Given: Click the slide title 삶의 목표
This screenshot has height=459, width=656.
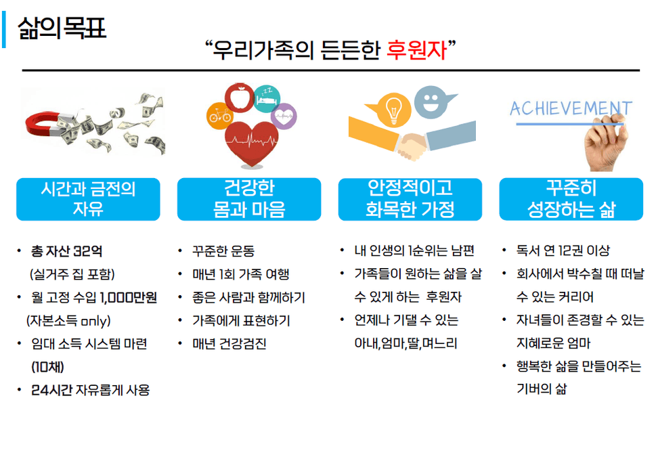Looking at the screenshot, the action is (x=62, y=28).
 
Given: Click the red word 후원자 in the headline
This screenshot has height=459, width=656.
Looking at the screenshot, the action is (x=417, y=50).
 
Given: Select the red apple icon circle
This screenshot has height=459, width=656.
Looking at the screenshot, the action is (x=239, y=98).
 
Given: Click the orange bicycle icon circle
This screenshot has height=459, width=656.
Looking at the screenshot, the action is (x=219, y=116).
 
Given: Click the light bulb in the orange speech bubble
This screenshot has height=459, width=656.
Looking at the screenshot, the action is (x=393, y=110).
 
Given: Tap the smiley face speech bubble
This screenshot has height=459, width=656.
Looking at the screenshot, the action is (x=433, y=102).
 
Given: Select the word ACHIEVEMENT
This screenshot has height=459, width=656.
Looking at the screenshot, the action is (x=571, y=108).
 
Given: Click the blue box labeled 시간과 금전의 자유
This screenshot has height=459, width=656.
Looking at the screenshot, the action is (x=88, y=199).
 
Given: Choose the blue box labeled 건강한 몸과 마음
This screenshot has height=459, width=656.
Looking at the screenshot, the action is (x=249, y=199).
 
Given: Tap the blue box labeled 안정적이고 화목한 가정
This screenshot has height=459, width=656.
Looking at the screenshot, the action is (x=410, y=199).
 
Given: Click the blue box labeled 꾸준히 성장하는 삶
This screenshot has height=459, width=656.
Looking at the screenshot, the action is (x=571, y=199).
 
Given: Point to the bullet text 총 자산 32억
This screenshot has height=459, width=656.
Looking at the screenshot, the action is (x=66, y=251).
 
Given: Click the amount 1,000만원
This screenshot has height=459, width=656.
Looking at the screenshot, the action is (x=129, y=297).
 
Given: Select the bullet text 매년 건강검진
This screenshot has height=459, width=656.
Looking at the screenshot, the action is (x=229, y=344).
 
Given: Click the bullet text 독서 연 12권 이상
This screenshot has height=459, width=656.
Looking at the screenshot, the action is (x=563, y=250).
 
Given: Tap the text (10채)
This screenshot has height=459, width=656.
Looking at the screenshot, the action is (x=47, y=367).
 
